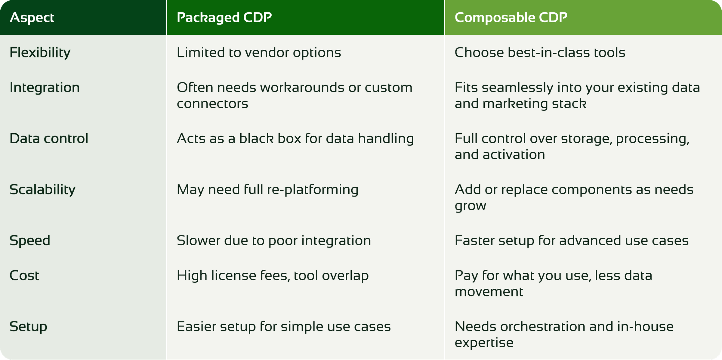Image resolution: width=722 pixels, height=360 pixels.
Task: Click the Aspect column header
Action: tap(32, 17)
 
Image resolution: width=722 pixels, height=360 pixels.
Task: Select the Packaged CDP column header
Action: tap(224, 17)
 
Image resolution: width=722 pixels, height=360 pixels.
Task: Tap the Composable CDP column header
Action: tap(511, 17)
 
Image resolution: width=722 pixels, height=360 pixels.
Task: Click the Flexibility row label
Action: tap(40, 53)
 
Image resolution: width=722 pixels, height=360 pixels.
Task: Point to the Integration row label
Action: tap(45, 88)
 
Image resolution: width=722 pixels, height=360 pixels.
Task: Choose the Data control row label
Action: tap(49, 138)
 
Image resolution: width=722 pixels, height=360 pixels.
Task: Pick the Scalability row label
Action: tap(42, 190)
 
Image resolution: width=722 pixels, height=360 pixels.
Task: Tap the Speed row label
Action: tap(30, 241)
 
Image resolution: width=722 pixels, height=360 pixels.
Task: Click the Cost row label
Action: tap(24, 275)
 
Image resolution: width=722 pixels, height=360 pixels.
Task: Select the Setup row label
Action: tap(28, 327)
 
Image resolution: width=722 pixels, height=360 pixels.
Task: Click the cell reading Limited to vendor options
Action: tap(259, 53)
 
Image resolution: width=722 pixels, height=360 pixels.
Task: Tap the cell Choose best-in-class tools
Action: tap(540, 53)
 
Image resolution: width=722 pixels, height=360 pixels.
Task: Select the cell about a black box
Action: tap(295, 138)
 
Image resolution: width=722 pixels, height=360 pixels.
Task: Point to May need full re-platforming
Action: tap(267, 190)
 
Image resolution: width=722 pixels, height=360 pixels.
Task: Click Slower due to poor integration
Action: tap(273, 241)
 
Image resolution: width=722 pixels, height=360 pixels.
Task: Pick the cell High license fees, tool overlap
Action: tap(273, 275)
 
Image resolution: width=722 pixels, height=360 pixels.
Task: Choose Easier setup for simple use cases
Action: tap(283, 327)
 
